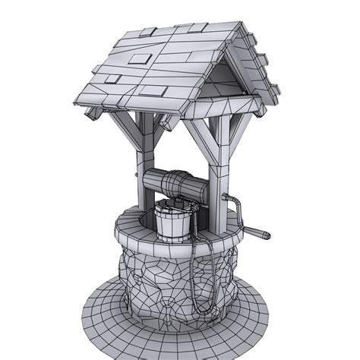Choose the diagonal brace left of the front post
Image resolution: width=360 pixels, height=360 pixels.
pos(197,137)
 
